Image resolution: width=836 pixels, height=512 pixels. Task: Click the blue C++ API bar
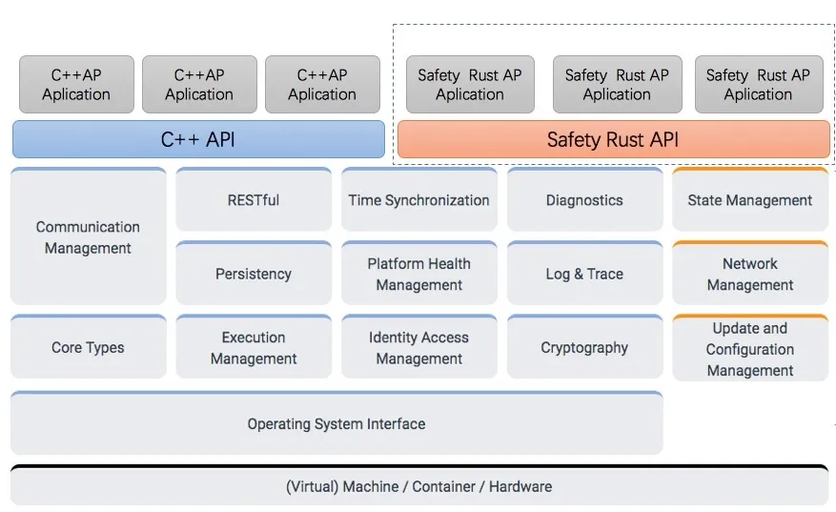point(198,139)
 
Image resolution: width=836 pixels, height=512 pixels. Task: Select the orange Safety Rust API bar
point(614,139)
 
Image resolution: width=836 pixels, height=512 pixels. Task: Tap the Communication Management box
point(88,236)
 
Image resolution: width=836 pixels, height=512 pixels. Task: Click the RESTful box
point(254,199)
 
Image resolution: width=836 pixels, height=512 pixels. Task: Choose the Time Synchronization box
point(419,199)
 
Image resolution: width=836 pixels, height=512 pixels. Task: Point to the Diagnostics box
point(585,199)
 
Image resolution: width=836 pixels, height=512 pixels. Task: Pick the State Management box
point(750,199)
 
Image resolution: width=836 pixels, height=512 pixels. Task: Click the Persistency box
point(254,273)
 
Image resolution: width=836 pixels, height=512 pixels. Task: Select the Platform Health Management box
point(419,273)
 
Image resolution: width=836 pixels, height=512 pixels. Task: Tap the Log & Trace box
point(585,273)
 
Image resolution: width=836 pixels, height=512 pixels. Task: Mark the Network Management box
point(750,273)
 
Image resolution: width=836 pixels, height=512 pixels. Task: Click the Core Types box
point(88,347)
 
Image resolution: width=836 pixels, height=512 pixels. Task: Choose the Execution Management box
point(254,347)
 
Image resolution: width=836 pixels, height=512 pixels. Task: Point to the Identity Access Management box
point(419,347)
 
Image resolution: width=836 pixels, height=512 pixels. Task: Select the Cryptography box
point(585,347)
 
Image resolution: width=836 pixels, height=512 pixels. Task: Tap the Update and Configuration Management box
point(750,348)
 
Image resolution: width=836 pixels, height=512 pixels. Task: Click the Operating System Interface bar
point(336,423)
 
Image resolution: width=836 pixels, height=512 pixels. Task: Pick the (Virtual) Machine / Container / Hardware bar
point(419,485)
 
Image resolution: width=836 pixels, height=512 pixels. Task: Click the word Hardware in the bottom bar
point(520,486)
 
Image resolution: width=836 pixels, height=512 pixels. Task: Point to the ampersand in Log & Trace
point(579,274)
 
